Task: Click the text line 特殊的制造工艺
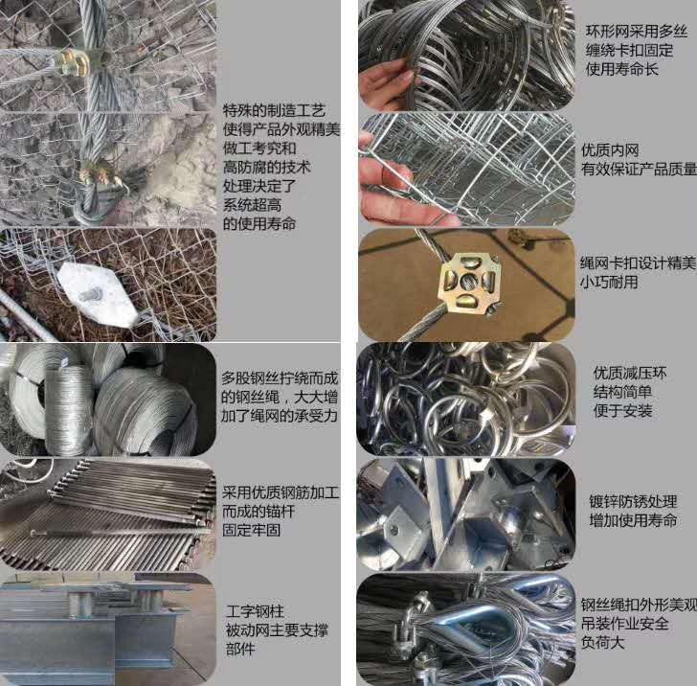(x=274, y=110)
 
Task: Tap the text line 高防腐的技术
(x=266, y=168)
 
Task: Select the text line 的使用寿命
(x=259, y=223)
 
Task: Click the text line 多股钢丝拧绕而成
(x=280, y=378)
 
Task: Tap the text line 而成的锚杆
(x=259, y=512)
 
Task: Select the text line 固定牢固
(x=251, y=530)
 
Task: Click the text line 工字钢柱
(x=255, y=611)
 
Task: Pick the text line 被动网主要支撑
(x=277, y=629)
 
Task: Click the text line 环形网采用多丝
(x=637, y=32)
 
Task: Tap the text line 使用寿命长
(x=622, y=69)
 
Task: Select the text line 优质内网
(x=610, y=149)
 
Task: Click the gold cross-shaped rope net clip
(x=467, y=281)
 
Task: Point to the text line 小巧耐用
(x=609, y=282)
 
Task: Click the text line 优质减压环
(x=630, y=373)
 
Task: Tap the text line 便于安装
(x=622, y=410)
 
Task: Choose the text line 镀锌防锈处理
(x=633, y=501)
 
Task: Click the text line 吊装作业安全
(x=624, y=624)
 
